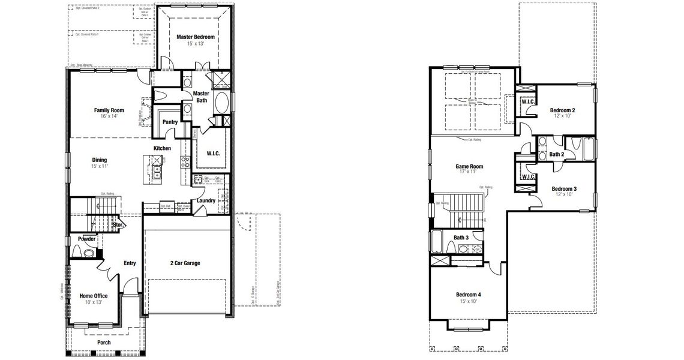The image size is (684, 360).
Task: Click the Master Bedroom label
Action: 196,37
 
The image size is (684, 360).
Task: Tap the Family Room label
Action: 109,110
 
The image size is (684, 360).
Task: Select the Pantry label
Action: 170,122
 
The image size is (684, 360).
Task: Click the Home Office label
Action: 94,296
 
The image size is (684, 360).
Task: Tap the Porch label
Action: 104,343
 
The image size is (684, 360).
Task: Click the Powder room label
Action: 87,239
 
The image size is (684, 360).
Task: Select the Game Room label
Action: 469,167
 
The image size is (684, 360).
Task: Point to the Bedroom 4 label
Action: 469,295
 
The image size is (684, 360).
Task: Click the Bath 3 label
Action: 461,238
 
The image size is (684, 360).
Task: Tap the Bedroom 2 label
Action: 562,110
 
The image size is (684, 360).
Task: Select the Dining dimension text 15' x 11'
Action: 100,166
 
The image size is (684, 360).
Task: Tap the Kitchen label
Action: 162,148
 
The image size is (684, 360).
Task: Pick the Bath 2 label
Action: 556,154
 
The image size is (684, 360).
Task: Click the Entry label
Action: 130,263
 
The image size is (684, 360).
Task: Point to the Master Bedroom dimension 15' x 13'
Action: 196,44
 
